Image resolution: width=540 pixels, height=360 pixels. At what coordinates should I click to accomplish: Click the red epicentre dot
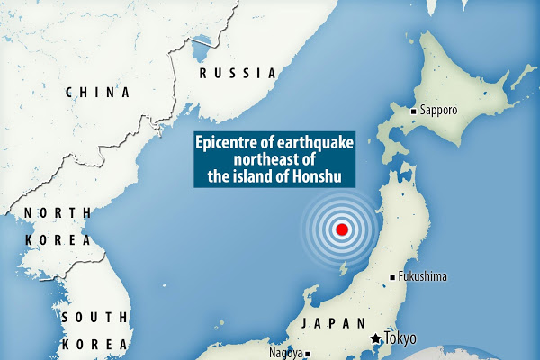click(x=341, y=230)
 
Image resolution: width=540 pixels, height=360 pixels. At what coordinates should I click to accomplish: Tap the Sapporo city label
click(x=438, y=111)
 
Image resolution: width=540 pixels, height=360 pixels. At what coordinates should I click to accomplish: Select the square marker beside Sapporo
click(x=413, y=111)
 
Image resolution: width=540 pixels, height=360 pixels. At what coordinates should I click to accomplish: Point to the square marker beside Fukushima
click(x=391, y=276)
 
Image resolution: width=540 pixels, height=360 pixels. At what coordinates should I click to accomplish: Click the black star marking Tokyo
click(x=374, y=338)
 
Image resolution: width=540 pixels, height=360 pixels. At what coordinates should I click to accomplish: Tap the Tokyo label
click(x=402, y=338)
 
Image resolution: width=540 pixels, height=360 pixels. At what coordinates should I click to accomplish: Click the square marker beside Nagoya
click(x=308, y=354)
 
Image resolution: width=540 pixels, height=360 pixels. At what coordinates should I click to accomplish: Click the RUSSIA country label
click(x=237, y=73)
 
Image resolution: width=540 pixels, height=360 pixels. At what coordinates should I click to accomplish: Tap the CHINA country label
click(x=98, y=92)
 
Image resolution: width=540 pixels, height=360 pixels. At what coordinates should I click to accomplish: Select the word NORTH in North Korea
click(x=57, y=212)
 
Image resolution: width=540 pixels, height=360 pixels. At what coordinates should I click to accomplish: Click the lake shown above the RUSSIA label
click(x=203, y=40)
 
